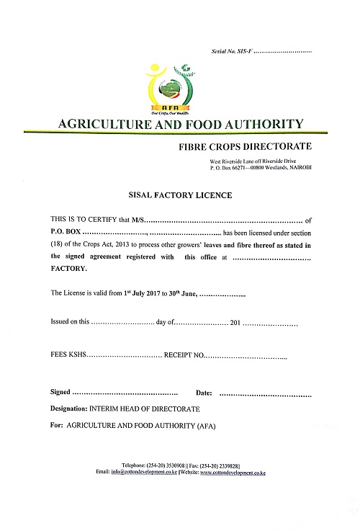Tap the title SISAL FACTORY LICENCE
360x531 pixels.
tap(180, 195)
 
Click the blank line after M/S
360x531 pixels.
tap(223, 220)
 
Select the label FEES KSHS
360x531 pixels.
tap(67, 356)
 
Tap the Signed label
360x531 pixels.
tap(60, 393)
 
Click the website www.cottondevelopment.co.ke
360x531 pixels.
tap(233, 473)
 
